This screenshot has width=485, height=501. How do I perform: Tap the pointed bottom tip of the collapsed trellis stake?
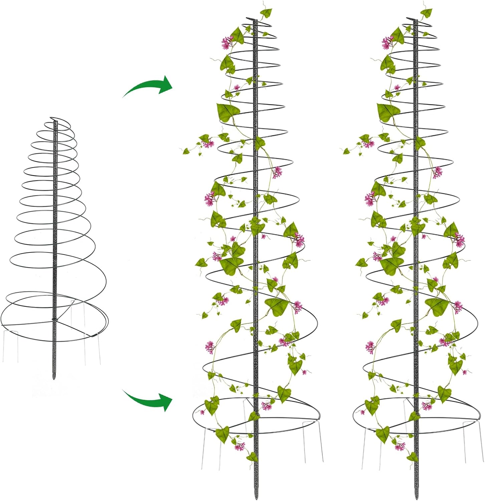[x=54, y=378]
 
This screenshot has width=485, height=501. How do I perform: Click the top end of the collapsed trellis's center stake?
[x=55, y=122]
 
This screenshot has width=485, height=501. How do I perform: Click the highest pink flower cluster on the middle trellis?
[x=227, y=42]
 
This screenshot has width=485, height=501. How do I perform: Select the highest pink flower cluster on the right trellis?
[x=388, y=42]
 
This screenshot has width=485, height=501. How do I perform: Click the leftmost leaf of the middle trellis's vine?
[x=186, y=151]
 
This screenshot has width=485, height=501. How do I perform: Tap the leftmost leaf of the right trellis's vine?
[x=346, y=151]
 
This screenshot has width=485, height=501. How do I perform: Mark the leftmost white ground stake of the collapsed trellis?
[x=3, y=347]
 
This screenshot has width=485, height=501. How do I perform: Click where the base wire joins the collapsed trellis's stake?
[x=55, y=321]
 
